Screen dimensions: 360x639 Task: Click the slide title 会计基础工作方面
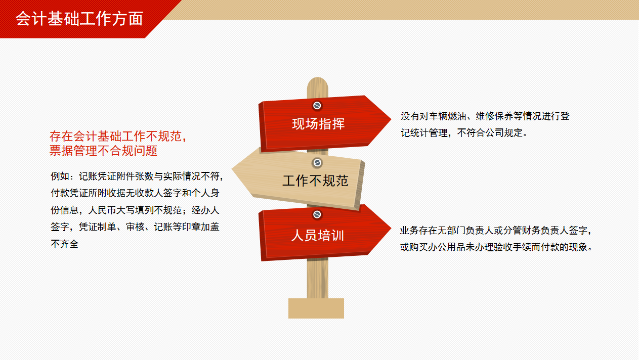click(x=79, y=19)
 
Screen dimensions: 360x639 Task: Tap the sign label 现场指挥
click(x=318, y=124)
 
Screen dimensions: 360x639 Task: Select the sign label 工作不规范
click(x=315, y=181)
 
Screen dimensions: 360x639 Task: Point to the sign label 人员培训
click(x=317, y=236)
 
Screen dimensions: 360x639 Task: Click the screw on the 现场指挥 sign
click(x=317, y=106)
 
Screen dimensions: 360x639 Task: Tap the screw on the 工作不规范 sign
click(x=317, y=163)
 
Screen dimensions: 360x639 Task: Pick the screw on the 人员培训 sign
click(x=317, y=214)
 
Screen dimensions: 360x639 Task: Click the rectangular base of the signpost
click(x=316, y=308)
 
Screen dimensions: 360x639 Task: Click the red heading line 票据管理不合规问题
click(x=103, y=151)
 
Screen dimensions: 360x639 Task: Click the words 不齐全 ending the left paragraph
click(x=65, y=244)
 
